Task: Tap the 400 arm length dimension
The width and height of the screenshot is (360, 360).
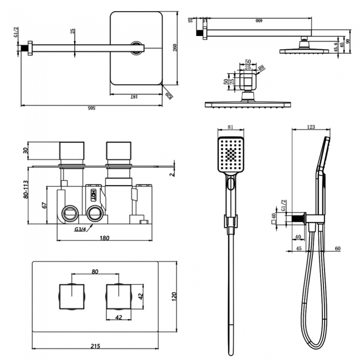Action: (258, 20)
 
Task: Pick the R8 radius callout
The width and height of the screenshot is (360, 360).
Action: (261, 69)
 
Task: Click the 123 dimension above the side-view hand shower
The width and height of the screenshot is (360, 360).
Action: (310, 127)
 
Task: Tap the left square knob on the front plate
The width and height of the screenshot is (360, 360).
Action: (72, 296)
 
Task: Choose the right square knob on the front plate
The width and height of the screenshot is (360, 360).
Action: (118, 296)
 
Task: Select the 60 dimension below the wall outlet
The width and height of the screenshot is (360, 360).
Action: (337, 249)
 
